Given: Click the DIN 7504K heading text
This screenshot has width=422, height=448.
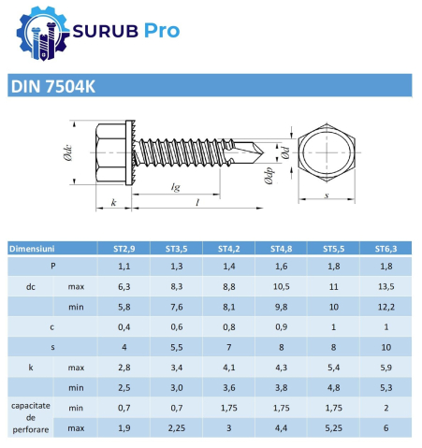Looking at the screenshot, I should pyautogui.click(x=53, y=87).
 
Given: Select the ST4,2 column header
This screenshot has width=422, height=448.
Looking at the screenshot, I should pyautogui.click(x=229, y=249).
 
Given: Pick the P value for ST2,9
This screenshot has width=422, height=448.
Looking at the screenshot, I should pyautogui.click(x=124, y=267).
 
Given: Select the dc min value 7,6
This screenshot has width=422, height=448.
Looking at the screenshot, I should pyautogui.click(x=177, y=305).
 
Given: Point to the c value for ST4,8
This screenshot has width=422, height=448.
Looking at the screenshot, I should pyautogui.click(x=282, y=326).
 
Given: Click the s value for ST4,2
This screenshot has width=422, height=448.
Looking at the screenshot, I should pyautogui.click(x=229, y=346).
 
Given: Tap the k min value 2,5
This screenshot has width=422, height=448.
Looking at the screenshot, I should pyautogui.click(x=124, y=387).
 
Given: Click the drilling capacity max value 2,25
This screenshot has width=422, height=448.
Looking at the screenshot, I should pyautogui.click(x=177, y=427).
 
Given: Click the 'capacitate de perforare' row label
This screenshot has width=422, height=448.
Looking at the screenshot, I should pyautogui.click(x=30, y=418).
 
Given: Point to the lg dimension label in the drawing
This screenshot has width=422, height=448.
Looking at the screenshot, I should pyautogui.click(x=175, y=187).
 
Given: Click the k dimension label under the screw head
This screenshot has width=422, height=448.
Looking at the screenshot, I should pyautogui.click(x=113, y=202).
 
